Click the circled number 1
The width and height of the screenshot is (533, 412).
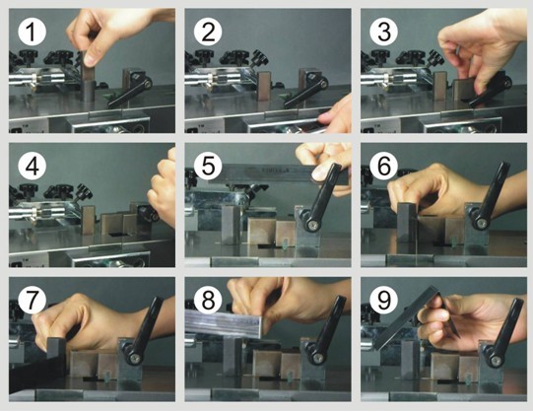coord(32,32)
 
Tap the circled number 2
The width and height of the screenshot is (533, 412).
coord(208,32)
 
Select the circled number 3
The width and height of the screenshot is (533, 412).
coord(384,32)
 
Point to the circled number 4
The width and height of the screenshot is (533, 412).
coord(32,166)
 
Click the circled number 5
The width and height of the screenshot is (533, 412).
coord(208,166)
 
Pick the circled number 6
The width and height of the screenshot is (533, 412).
coord(384,166)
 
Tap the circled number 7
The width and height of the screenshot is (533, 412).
coord(32,300)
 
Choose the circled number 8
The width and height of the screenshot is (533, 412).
coord(208,300)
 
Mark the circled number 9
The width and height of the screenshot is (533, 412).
coord(384,300)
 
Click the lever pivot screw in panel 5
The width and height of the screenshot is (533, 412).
coord(311,225)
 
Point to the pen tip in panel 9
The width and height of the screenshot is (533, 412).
coord(458,336)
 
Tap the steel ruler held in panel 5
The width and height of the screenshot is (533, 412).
coord(278,173)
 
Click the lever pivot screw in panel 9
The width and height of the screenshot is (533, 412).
coord(496,360)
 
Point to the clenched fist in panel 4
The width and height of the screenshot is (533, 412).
coord(163,187)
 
